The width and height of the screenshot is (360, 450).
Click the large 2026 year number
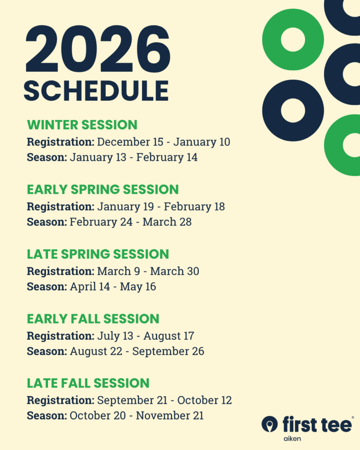[x=98, y=49]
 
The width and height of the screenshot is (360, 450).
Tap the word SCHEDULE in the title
[x=96, y=91]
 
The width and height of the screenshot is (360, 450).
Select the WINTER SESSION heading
[x=82, y=125]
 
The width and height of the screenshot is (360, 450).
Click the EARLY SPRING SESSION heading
[x=103, y=189]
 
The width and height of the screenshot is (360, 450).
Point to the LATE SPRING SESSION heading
[x=98, y=254]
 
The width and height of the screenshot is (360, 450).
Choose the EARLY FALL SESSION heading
[x=93, y=319]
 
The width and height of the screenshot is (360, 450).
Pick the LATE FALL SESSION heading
[x=88, y=383]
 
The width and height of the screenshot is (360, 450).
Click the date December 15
[x=130, y=142]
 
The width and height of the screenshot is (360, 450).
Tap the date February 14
[x=167, y=157]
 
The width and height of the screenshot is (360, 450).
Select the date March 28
[x=167, y=222]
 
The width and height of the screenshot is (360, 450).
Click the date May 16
[x=138, y=287]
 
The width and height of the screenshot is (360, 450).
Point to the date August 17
[x=169, y=336]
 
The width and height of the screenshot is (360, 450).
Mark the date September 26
[x=168, y=351]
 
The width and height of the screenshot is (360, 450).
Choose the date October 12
[x=204, y=400]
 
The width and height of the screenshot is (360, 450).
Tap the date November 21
[x=170, y=416]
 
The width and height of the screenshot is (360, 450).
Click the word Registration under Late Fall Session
[x=61, y=400]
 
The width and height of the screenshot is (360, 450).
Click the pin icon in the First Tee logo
[x=269, y=424]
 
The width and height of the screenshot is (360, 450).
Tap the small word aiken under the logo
[x=292, y=439]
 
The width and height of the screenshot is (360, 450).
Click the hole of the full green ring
[x=293, y=40]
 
